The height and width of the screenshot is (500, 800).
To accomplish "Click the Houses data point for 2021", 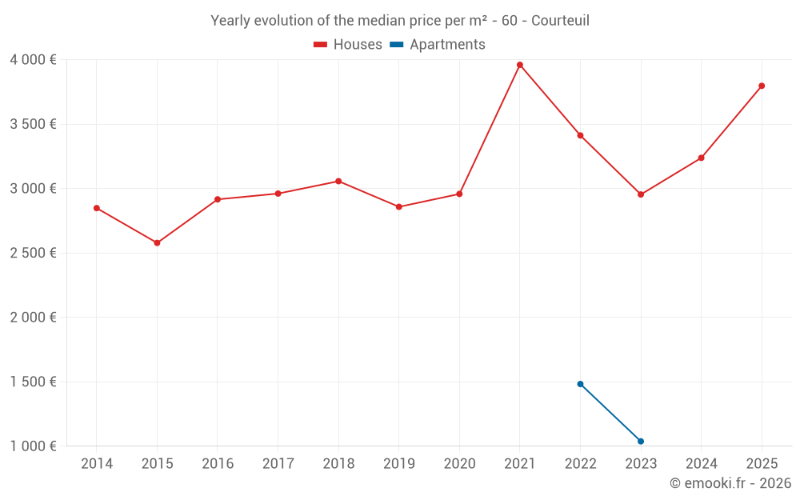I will click(x=520, y=65).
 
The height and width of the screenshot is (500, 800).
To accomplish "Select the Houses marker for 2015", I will click(x=157, y=243).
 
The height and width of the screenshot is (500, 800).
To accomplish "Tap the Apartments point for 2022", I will click(x=580, y=384).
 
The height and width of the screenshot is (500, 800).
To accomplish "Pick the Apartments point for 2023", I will click(x=641, y=442).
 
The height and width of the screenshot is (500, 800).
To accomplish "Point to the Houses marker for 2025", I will click(x=762, y=86).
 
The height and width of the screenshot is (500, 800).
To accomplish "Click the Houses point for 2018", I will click(x=338, y=181).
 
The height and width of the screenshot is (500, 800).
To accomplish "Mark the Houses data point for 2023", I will click(x=641, y=194).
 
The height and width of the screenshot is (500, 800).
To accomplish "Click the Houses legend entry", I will click(x=348, y=45).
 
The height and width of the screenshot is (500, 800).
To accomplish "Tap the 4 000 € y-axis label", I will click(x=33, y=60).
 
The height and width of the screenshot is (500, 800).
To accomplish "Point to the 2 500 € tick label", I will click(x=33, y=253).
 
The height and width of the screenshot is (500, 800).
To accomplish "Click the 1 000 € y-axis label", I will click(x=33, y=446).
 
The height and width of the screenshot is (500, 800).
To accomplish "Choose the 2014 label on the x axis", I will click(x=97, y=464).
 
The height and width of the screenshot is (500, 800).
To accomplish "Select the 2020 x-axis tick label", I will click(x=459, y=464).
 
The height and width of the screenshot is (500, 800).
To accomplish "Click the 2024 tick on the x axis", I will click(x=701, y=464).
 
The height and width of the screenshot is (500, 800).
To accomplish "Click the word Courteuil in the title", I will click(x=560, y=21).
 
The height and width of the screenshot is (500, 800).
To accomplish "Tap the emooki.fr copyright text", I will click(x=730, y=483).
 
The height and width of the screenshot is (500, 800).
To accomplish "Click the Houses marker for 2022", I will click(x=580, y=135).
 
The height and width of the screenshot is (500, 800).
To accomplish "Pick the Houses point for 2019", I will click(x=399, y=207).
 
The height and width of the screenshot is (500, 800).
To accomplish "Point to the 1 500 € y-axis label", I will click(x=33, y=382).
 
